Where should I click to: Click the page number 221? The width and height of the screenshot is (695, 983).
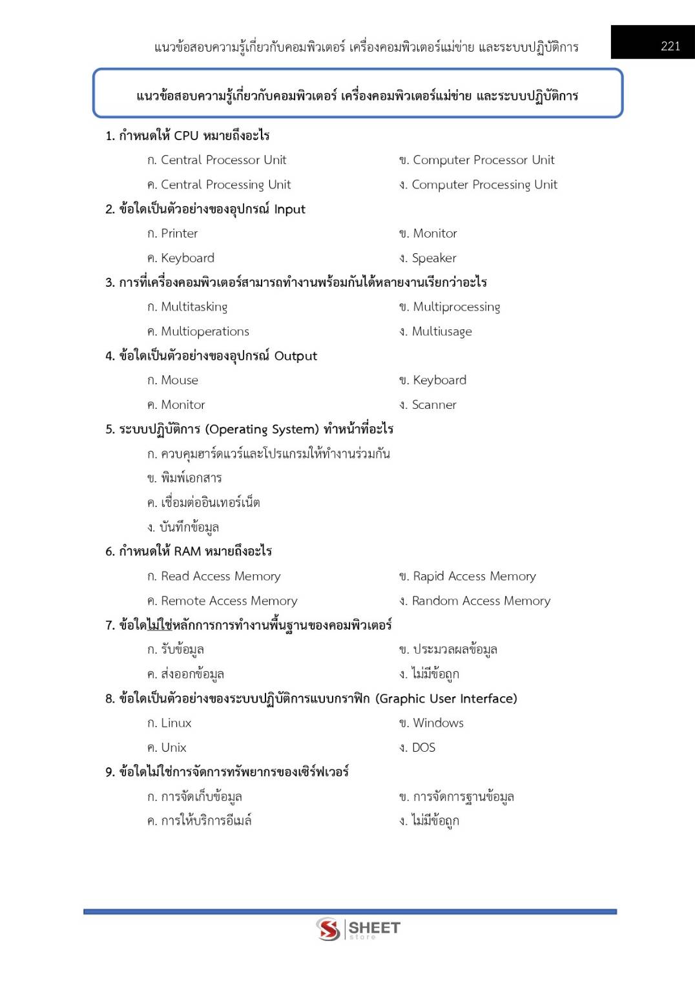[x=670, y=46]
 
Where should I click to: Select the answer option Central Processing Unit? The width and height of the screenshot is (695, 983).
[x=225, y=185]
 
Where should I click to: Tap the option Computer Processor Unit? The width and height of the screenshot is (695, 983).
[x=483, y=160]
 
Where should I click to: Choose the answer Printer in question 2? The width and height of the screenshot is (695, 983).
[x=179, y=234]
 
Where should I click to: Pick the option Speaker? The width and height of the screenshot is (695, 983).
[x=433, y=258]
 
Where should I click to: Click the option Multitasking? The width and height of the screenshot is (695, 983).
[x=194, y=307]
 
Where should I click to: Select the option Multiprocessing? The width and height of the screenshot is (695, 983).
[x=456, y=307]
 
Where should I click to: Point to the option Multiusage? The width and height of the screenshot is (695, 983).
[x=442, y=331]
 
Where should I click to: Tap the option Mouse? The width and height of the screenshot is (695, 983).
[x=179, y=380]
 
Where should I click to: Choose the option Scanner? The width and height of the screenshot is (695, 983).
[x=433, y=405]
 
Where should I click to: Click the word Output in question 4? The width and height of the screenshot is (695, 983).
[x=296, y=356]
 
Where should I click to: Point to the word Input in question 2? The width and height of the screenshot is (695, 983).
[x=289, y=209]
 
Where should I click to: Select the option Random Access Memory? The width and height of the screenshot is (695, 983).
[x=481, y=601]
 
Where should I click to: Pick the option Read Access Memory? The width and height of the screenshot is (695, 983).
[x=220, y=576]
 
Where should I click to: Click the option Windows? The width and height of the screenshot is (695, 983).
[x=438, y=723]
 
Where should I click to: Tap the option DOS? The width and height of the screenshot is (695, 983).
[x=423, y=747]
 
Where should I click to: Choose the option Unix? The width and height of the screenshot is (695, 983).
[x=173, y=747]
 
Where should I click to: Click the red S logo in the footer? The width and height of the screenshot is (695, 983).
[x=328, y=929]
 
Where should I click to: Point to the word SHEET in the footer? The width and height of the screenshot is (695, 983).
[x=375, y=927]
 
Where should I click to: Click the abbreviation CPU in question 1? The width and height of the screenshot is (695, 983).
[x=186, y=136]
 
